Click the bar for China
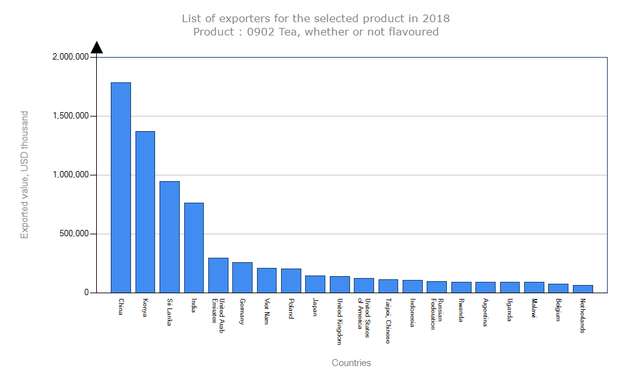coord(121,187)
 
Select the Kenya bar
coord(145,212)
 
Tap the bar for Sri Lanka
coord(170,237)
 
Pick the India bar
coord(194,248)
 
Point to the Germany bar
coord(242,277)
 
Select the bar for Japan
coord(315,284)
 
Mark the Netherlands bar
coord(583,289)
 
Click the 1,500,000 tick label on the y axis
coord(71,116)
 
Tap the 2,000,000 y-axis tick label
coord(71,57)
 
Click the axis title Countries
coord(351,363)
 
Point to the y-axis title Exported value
coord(25,175)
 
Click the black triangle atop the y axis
coord(97,47)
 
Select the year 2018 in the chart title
coord(437,18)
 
